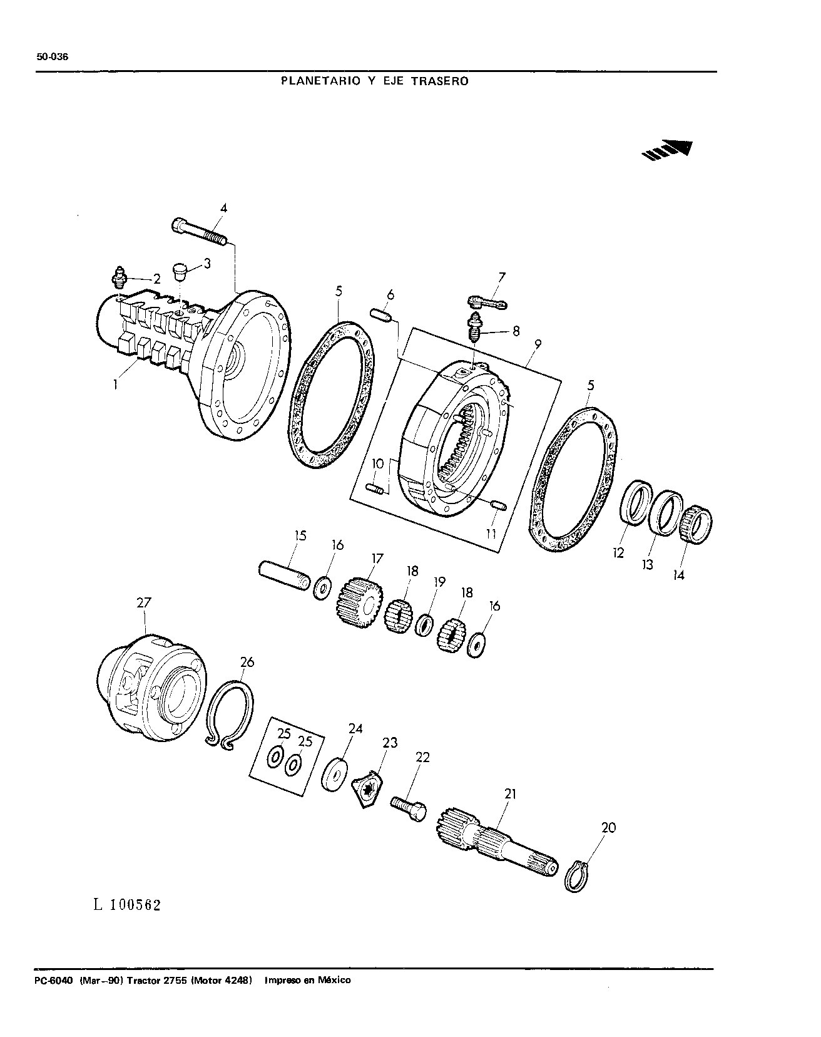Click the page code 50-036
click(x=53, y=57)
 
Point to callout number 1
click(x=116, y=386)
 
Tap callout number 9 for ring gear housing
click(x=538, y=344)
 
